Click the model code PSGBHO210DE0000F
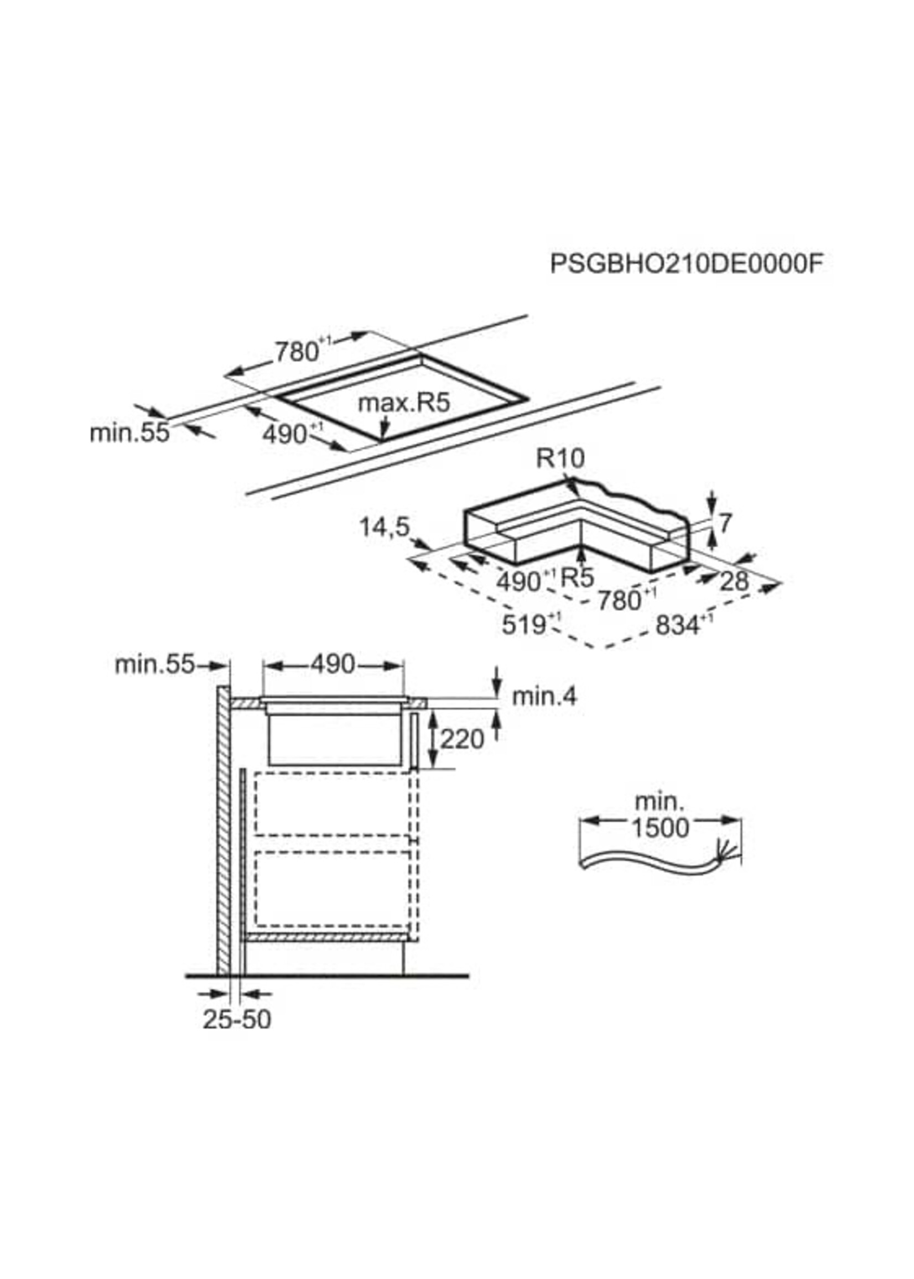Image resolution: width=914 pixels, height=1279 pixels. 686,264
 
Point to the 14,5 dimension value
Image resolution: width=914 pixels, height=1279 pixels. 384,528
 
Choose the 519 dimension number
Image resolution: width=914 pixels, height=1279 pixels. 523,625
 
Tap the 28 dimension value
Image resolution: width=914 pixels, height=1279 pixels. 735,582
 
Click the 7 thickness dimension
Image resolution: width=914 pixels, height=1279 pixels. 725,523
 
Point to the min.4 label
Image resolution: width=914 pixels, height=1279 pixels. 544,697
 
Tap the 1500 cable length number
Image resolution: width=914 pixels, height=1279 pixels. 660,828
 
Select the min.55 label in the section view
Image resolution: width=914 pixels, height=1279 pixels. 154,665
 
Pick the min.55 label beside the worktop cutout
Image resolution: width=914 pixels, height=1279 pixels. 129,433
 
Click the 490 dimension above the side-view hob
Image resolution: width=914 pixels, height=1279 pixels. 333,665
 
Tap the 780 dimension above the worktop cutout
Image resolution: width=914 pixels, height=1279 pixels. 298,352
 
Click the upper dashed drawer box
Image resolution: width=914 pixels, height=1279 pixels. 332,805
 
